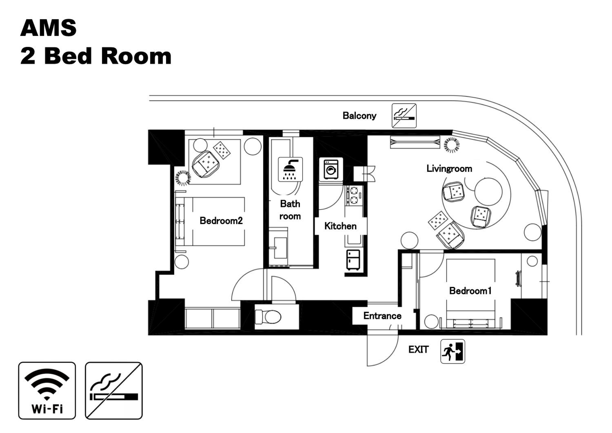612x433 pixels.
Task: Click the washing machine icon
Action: [x=331, y=169]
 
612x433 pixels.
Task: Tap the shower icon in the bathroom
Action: [x=290, y=169]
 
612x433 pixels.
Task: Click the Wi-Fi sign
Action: [x=47, y=390]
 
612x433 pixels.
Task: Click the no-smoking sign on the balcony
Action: [x=404, y=116]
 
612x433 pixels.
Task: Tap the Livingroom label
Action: [x=449, y=169]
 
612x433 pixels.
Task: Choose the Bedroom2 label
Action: [x=221, y=221]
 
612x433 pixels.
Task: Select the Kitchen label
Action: [x=340, y=226]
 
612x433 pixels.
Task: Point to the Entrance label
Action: [x=382, y=316]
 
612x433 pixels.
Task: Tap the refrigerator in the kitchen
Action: [x=353, y=260]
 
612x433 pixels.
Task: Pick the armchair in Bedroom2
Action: [x=206, y=164]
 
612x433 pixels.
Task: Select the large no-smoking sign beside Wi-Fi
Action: [x=114, y=390]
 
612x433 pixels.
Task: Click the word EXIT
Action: [x=418, y=350]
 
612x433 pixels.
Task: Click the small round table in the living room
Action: [x=489, y=191]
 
